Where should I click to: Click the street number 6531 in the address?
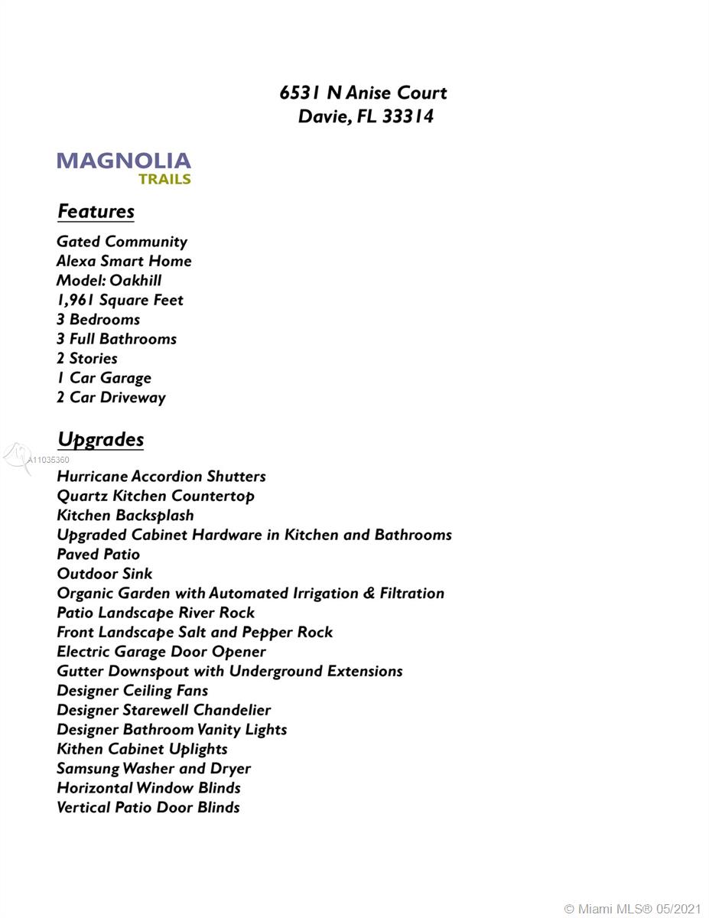click(x=301, y=93)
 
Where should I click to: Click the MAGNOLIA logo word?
click(x=123, y=161)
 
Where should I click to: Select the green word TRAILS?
click(x=164, y=180)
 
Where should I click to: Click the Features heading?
click(x=96, y=211)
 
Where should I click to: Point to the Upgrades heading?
click(x=100, y=439)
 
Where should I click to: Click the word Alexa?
click(x=76, y=261)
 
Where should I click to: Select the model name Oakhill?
click(x=135, y=281)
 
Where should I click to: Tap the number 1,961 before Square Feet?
click(x=75, y=300)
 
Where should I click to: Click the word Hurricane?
click(x=93, y=476)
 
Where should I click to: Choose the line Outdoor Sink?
click(x=104, y=574)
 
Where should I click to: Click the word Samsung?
click(x=87, y=768)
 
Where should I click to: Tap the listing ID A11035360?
click(x=48, y=460)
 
